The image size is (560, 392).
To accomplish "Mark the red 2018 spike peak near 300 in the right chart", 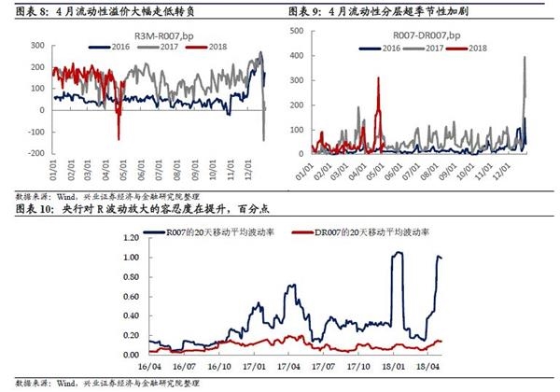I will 378,78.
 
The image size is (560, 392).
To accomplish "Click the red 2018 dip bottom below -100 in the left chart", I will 119,139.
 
